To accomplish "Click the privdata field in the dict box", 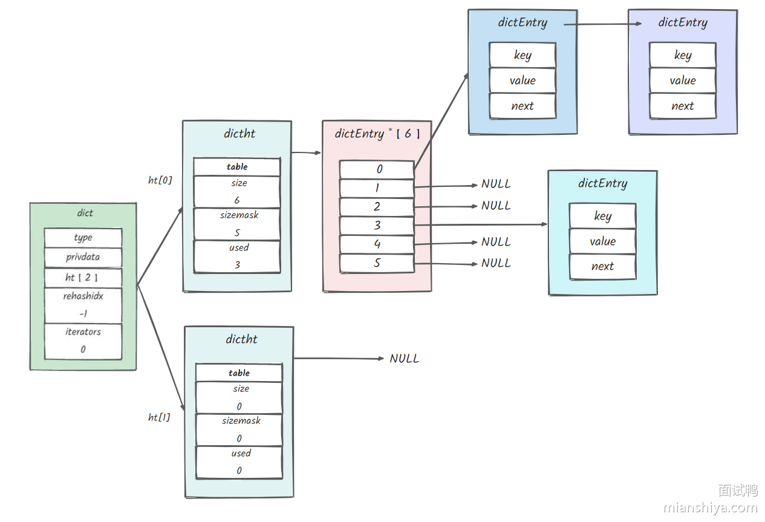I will tap(83, 257).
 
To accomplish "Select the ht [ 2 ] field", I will tap(83, 278).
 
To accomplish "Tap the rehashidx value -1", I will tap(83, 314).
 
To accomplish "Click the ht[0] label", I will tap(160, 180).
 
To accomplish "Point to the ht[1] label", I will tap(159, 417).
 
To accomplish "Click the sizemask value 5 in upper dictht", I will tap(237, 232).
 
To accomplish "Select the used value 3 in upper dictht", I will tap(237, 264).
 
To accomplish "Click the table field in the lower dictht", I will tap(239, 373).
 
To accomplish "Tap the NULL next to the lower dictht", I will tap(404, 359).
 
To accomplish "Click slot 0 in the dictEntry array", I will tap(377, 169).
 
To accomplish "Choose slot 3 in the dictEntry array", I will tap(377, 226).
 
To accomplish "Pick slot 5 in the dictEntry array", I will tap(377, 263).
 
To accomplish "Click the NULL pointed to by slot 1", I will tap(496, 184).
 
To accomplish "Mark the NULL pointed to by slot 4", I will tap(496, 242).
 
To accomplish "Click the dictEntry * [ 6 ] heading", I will tap(377, 134).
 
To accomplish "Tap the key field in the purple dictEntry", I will tap(682, 55).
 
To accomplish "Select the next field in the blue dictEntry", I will tap(522, 106).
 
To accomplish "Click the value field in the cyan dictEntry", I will tap(602, 241).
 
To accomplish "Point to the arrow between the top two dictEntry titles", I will tap(602, 24).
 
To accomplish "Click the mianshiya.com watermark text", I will tap(710, 507).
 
